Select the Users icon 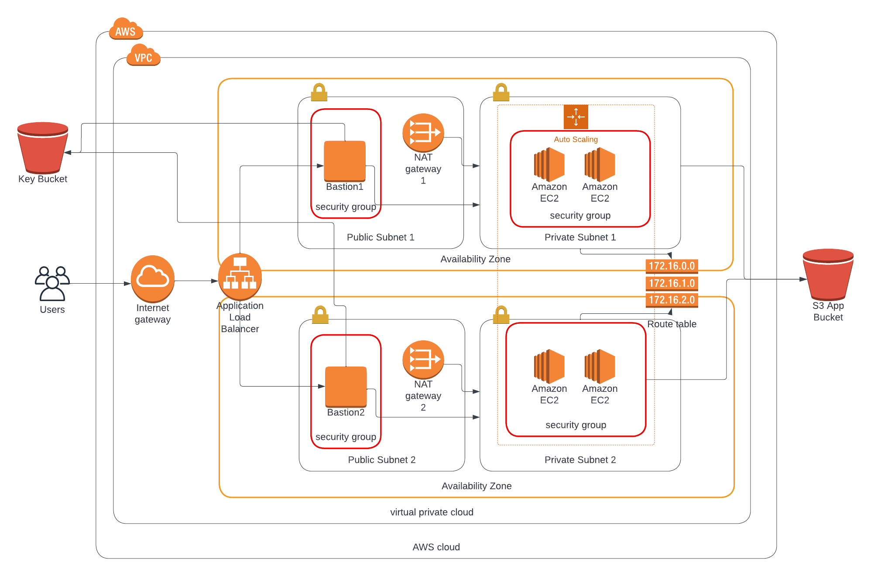[x=52, y=283]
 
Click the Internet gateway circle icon [x=152, y=278]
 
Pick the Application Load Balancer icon [x=240, y=276]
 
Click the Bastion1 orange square [x=344, y=161]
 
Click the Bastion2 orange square [x=346, y=387]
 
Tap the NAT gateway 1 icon [x=423, y=133]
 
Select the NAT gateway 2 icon [x=423, y=359]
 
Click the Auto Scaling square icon [x=576, y=117]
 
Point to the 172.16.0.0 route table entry [x=672, y=266]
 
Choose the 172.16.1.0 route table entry [x=672, y=283]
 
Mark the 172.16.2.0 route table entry [x=672, y=300]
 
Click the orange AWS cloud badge [x=126, y=29]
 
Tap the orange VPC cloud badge [x=143, y=55]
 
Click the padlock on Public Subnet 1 [x=319, y=92]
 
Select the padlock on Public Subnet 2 [x=320, y=315]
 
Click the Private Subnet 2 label [x=580, y=459]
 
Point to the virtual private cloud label [x=432, y=512]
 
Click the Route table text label [x=672, y=324]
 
